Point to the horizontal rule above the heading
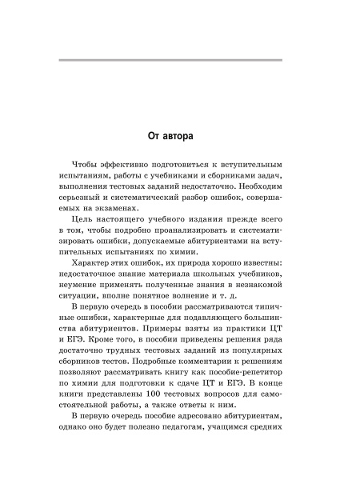pyautogui.click(x=180, y=61)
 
